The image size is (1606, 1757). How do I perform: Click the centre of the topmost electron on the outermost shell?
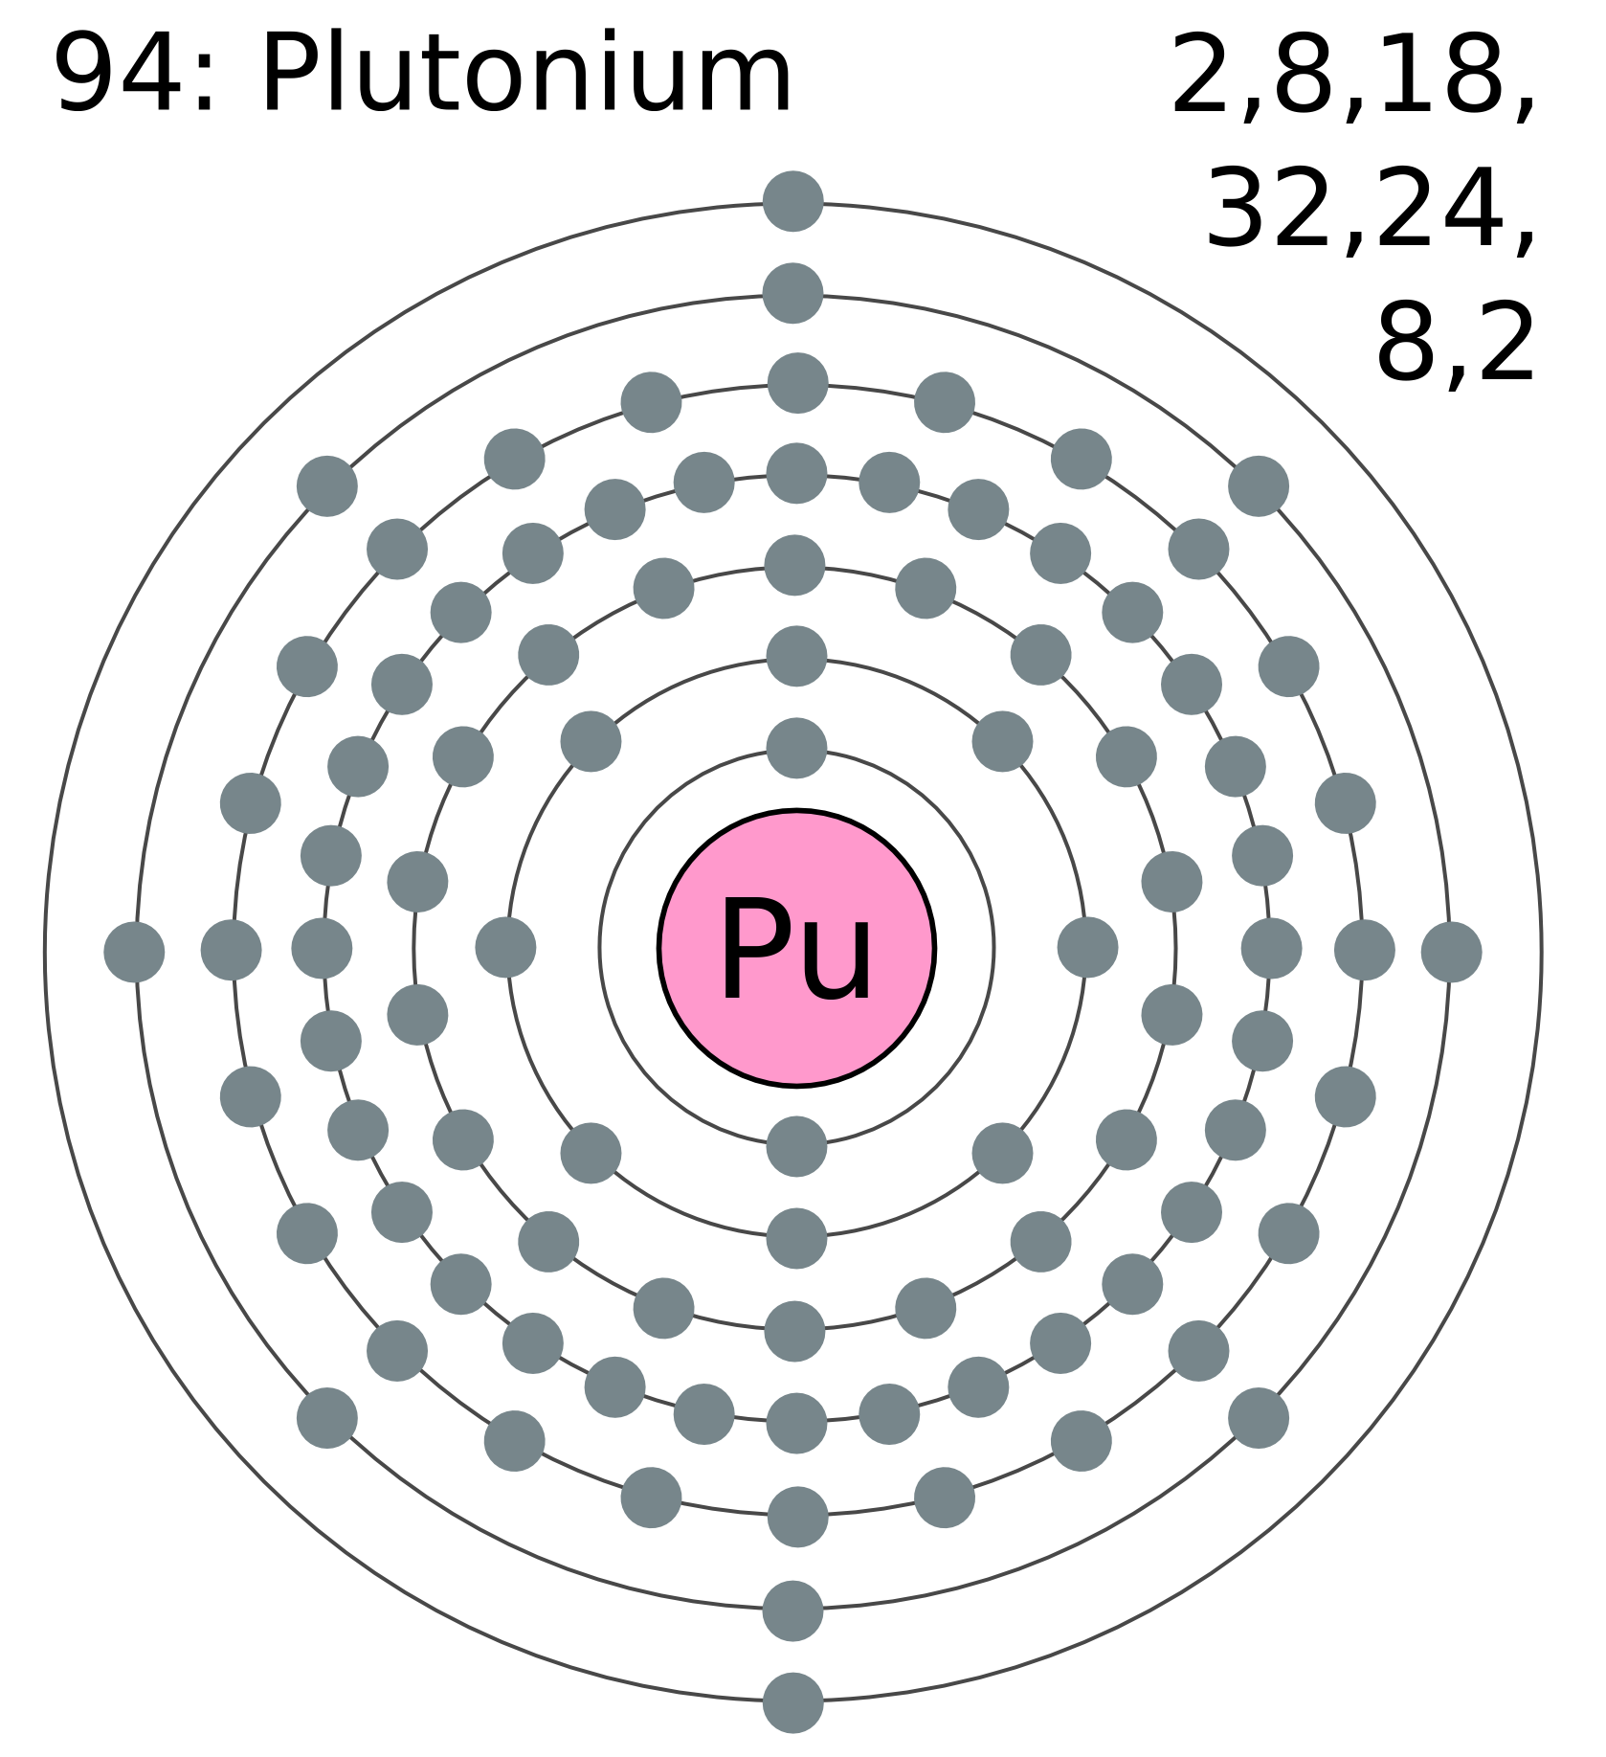pos(793,201)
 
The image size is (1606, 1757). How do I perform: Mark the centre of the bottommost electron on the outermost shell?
pos(793,1702)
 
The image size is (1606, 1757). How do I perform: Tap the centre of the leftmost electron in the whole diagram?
pos(134,952)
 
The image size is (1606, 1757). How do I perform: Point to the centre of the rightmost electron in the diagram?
pos(1451,952)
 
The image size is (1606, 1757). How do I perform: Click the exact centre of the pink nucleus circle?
pos(796,948)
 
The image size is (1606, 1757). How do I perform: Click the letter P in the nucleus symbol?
pos(750,950)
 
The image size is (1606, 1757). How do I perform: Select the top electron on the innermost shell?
pos(796,748)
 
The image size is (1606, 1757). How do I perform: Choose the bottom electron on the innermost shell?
pos(796,1146)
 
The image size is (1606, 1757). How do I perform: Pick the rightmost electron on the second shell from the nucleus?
pos(1087,947)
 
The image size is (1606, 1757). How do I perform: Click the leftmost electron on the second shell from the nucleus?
pos(505,947)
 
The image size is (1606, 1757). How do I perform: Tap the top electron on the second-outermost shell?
pos(792,293)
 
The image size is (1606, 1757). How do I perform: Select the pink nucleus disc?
pos(796,948)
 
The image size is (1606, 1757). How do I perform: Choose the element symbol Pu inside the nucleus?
pos(796,950)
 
